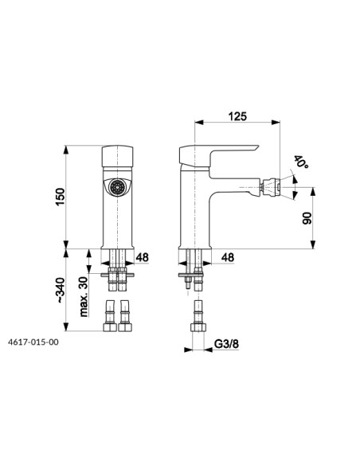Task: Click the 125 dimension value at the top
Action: (237, 116)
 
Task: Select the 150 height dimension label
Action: (60, 197)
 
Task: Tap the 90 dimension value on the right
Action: (307, 218)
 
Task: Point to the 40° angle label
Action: (301, 162)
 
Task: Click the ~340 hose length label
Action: (61, 290)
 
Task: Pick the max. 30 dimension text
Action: (84, 296)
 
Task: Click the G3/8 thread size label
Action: (226, 344)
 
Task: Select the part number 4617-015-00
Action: (33, 342)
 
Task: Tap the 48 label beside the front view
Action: (142, 257)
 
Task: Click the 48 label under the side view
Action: (228, 257)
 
